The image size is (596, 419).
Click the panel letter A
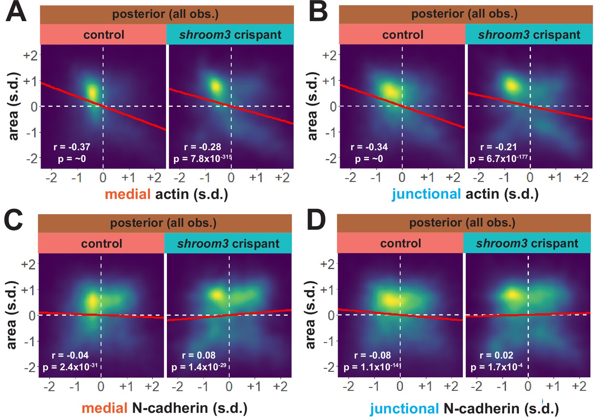16,12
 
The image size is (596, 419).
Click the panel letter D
316,221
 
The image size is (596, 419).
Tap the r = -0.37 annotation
72,147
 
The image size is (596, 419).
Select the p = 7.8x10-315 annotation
203,159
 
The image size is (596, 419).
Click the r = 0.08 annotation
199,355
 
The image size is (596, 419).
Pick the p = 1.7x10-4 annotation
497,367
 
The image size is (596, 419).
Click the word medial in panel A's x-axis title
128,194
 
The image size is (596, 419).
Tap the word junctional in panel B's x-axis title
426,194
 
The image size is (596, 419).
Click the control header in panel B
402,35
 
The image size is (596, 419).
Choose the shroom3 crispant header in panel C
228,244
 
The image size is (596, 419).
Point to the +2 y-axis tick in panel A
31,55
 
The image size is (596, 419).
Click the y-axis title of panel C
12,315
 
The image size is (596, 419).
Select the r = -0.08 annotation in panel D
372,355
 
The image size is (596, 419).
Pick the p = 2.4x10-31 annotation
70,367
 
